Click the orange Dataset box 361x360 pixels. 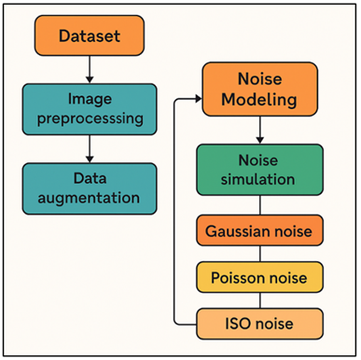pyautogui.click(x=90, y=36)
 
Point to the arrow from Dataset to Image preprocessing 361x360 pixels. pyautogui.click(x=90, y=68)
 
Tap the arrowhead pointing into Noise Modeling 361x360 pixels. pyautogui.click(x=199, y=97)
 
